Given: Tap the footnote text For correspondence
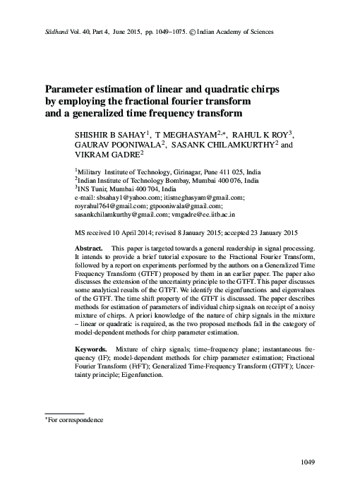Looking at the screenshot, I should pyautogui.click(x=76, y=419).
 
